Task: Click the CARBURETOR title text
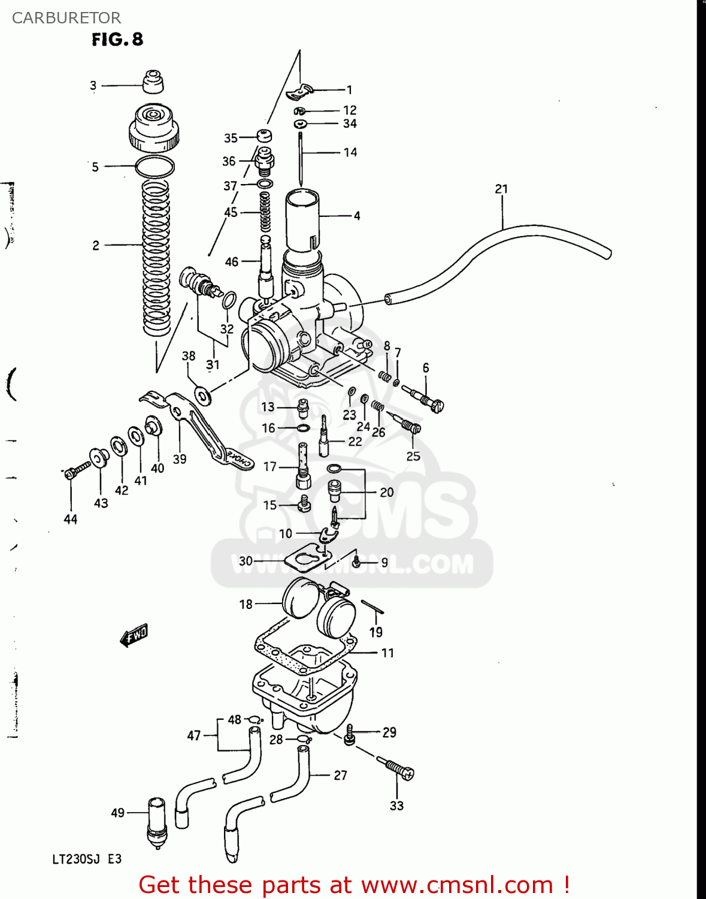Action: (66, 18)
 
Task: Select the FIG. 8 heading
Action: (117, 40)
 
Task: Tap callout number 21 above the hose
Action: (501, 189)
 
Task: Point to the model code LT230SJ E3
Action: (87, 859)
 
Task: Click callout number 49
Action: (117, 813)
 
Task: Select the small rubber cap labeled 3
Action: (153, 82)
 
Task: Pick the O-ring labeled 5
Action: (155, 167)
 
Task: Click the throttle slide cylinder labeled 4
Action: (302, 219)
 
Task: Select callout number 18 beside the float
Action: (246, 604)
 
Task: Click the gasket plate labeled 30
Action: (307, 558)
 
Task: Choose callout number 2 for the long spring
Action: (96, 245)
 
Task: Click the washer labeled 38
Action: (203, 396)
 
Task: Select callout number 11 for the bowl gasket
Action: (387, 653)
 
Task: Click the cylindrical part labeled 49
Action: (156, 821)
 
